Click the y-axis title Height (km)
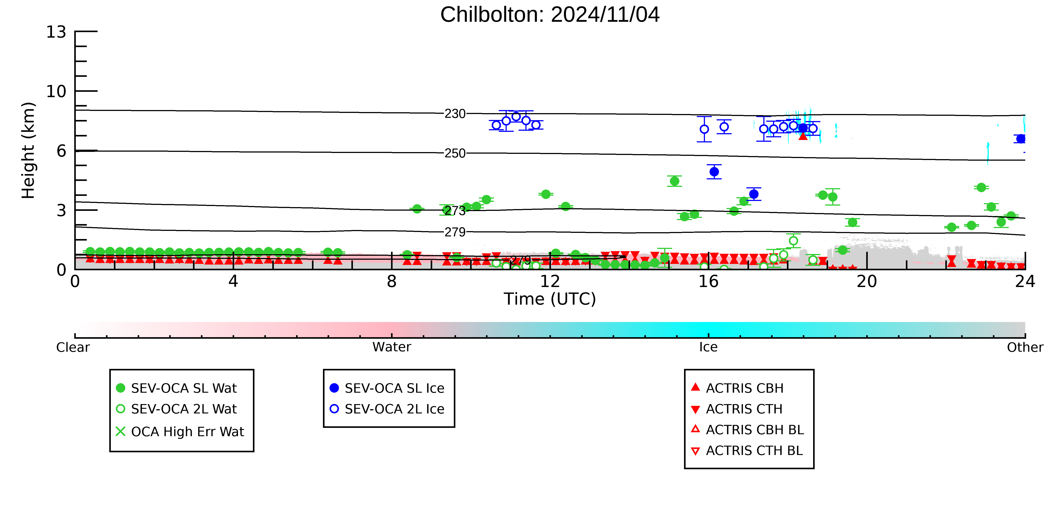click(x=28, y=151)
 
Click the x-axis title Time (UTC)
click(x=550, y=299)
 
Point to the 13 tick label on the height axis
click(x=56, y=32)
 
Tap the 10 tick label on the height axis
click(x=56, y=91)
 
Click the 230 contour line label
click(x=455, y=114)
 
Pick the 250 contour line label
click(x=455, y=153)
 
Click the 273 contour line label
click(x=455, y=211)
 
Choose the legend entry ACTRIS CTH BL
click(x=747, y=451)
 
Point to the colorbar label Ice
click(x=709, y=347)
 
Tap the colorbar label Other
click(x=1025, y=347)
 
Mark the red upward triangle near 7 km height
click(x=803, y=136)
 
